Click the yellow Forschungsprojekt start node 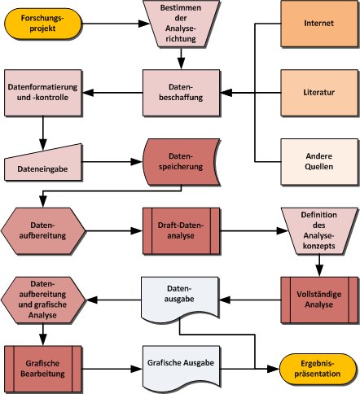click(x=42, y=24)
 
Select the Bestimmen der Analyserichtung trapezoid click(x=181, y=24)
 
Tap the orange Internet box click(x=319, y=24)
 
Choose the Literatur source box click(x=319, y=93)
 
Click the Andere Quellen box click(x=319, y=162)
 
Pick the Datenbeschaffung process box click(x=181, y=93)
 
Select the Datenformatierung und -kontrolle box click(x=42, y=93)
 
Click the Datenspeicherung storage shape click(x=181, y=162)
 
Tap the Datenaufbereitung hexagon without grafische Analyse click(x=43, y=231)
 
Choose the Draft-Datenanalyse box click(x=181, y=231)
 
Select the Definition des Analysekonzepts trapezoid click(x=319, y=231)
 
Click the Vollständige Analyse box click(x=319, y=300)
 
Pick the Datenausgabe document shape click(x=179, y=297)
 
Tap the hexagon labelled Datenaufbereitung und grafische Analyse click(x=43, y=300)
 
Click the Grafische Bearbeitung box click(x=42, y=369)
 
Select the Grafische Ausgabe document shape click(x=181, y=366)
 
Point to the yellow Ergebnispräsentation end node click(x=318, y=369)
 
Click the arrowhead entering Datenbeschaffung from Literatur click(x=226, y=93)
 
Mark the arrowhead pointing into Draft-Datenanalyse click(x=137, y=231)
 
